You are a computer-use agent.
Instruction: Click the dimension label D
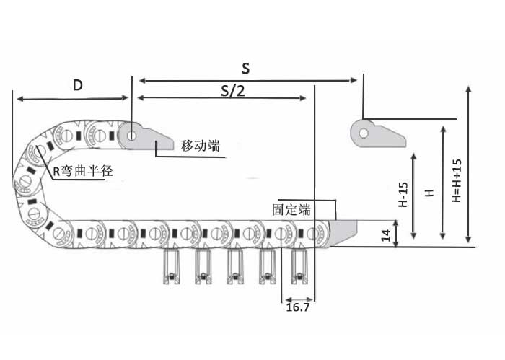coord(77,85)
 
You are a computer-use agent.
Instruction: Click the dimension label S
coord(246,69)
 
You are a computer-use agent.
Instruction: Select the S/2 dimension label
coord(232,91)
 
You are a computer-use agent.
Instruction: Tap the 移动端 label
coord(200,145)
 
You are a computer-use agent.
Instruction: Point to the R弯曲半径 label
coord(83,171)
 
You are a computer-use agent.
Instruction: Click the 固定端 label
coord(291,210)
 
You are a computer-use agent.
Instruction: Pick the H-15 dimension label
coord(404,195)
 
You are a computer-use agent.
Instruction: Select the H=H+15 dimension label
coord(456,180)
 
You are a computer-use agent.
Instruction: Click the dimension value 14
coord(386,234)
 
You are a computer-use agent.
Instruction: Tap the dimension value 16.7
coord(298,307)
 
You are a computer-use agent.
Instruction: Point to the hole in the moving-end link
coord(132,133)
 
